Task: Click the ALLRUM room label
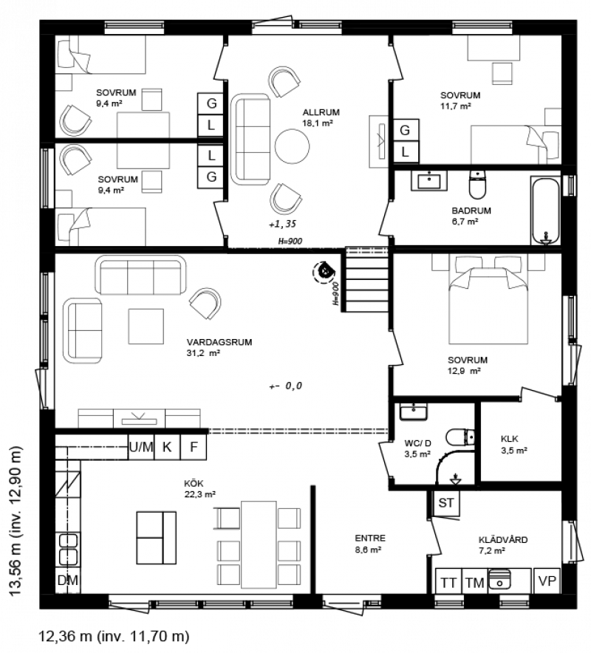(x=321, y=112)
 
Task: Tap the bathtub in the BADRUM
(x=545, y=211)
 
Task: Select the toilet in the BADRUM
(x=477, y=184)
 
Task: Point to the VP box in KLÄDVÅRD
(x=547, y=580)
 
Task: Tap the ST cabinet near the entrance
(x=446, y=502)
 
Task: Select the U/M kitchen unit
(x=141, y=447)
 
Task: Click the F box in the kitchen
(x=194, y=447)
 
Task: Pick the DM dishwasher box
(x=67, y=580)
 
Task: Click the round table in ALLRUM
(x=293, y=146)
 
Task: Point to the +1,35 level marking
(x=282, y=224)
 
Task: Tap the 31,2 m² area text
(x=203, y=353)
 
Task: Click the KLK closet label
(x=510, y=439)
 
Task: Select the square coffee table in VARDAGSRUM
(x=146, y=326)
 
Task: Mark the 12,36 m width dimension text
(x=65, y=636)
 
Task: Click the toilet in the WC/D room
(x=460, y=438)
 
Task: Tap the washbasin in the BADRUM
(x=429, y=180)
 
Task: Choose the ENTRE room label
(x=370, y=538)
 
